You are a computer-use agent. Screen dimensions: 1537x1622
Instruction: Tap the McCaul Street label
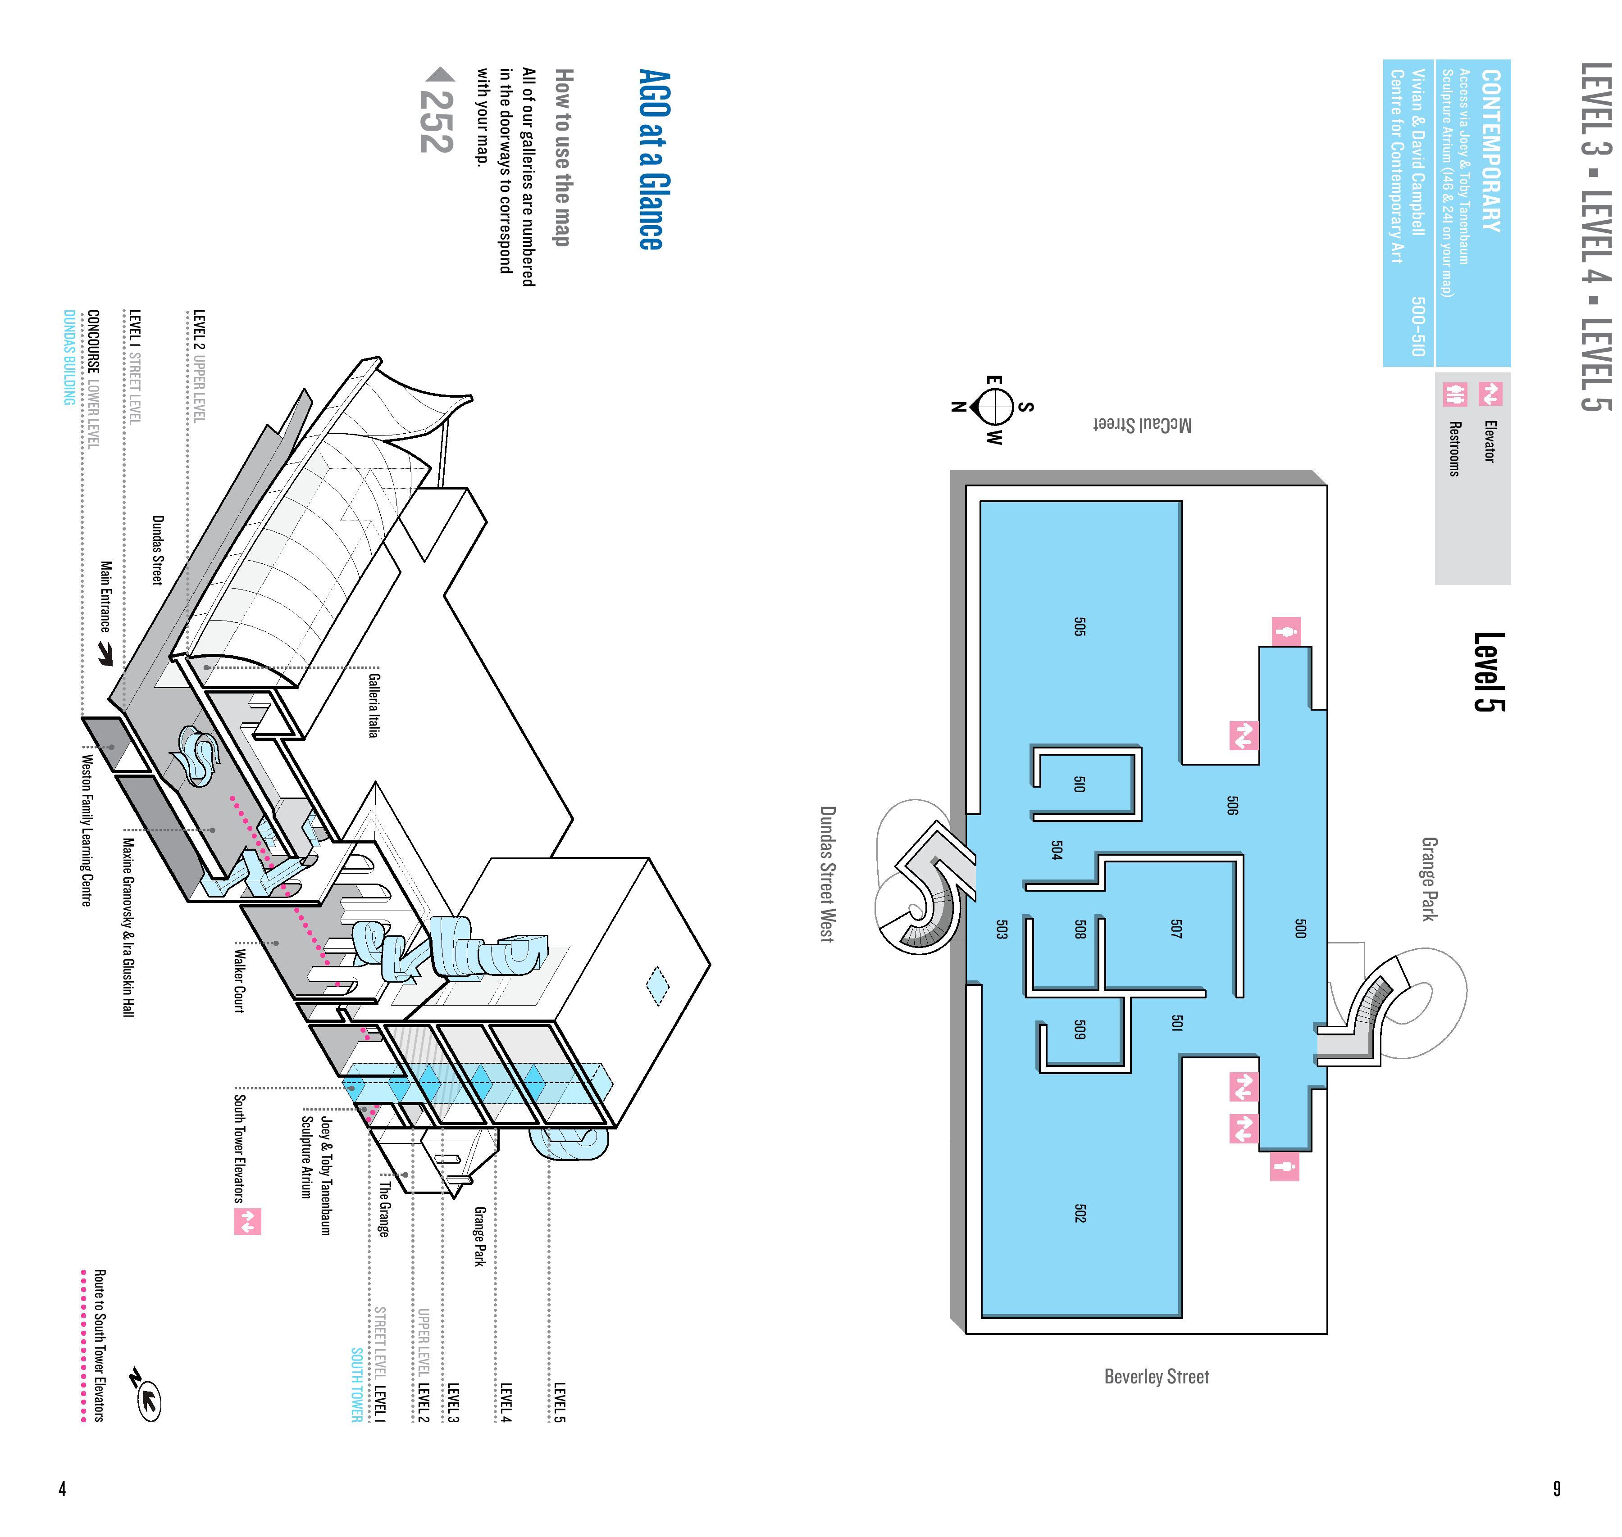point(1143,424)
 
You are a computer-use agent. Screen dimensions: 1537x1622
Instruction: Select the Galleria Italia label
point(374,705)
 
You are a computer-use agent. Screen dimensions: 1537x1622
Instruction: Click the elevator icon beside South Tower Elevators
point(247,1222)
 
